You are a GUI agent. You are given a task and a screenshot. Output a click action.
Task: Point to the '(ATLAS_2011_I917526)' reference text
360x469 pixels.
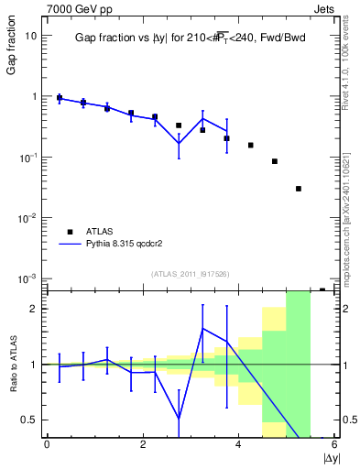point(190,274)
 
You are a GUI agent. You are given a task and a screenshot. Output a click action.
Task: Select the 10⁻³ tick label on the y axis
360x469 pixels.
point(27,278)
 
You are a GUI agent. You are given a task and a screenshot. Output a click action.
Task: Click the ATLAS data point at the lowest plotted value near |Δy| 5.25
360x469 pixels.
point(299,189)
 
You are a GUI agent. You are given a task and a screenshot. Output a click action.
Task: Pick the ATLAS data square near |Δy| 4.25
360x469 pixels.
point(250,145)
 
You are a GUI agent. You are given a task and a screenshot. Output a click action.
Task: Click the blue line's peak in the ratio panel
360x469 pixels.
point(202,328)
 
